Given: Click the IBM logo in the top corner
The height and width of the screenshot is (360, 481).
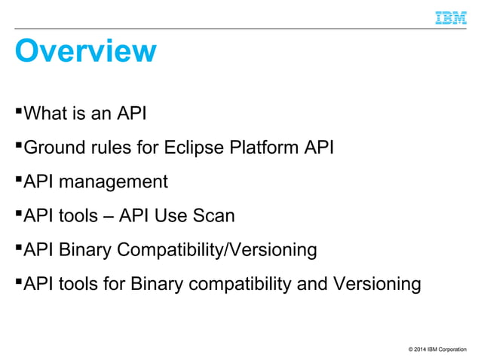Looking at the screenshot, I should pos(451,17).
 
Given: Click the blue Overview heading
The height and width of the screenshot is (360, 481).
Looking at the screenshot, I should pos(86,51).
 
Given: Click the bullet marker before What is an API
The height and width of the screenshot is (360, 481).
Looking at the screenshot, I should pos(20,112).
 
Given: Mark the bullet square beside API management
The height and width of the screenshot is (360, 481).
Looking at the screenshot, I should pos(20,180).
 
